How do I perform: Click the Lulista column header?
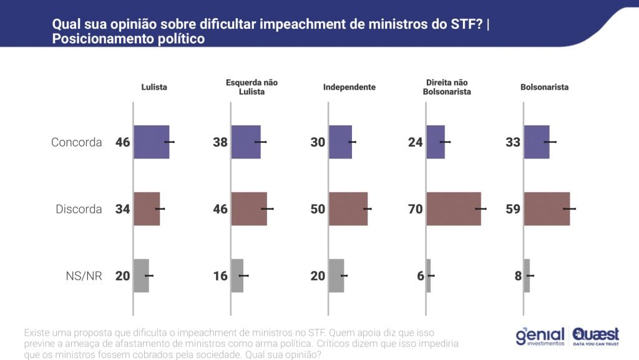click(154, 87)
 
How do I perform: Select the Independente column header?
click(349, 87)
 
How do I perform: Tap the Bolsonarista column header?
click(544, 87)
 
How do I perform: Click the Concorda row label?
click(76, 142)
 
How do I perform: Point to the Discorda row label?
click(78, 209)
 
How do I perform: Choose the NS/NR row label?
click(85, 276)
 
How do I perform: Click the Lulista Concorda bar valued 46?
click(151, 142)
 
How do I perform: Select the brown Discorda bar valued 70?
click(454, 209)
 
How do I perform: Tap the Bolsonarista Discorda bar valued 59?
click(547, 209)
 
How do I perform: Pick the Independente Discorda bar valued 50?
click(348, 209)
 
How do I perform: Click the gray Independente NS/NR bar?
click(336, 276)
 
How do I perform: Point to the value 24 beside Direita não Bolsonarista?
click(416, 142)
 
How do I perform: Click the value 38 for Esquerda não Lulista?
click(220, 142)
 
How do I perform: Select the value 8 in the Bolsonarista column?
click(518, 276)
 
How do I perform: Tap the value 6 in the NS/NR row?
click(420, 276)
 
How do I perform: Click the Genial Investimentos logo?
click(540, 337)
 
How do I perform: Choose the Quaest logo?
click(596, 336)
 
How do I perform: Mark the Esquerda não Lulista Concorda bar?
click(246, 142)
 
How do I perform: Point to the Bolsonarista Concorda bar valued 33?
click(537, 142)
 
